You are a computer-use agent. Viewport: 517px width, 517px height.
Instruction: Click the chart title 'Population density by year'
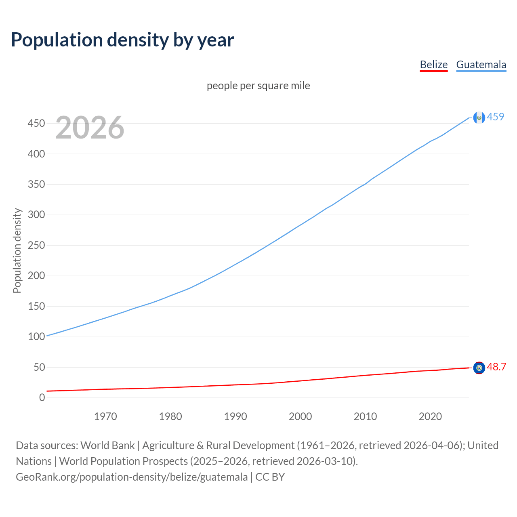point(122,40)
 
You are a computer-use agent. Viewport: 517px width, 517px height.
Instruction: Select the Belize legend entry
point(433,65)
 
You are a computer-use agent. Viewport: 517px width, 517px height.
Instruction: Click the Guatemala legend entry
point(481,65)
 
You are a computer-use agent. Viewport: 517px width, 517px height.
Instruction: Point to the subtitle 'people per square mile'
point(258,86)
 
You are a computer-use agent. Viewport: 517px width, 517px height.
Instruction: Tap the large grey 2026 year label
point(90,128)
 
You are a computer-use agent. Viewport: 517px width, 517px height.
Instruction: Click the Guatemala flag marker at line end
point(479,118)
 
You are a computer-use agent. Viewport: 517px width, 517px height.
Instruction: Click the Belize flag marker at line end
point(479,368)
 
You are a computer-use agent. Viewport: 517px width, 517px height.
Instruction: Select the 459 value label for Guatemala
point(496,117)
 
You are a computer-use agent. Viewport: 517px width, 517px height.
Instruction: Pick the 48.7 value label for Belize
point(496,367)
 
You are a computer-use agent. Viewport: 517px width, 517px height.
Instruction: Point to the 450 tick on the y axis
point(36,123)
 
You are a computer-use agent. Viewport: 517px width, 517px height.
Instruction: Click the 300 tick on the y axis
point(36,215)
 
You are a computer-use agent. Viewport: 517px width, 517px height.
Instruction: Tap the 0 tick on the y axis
point(42,397)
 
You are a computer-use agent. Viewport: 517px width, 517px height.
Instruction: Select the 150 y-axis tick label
point(36,306)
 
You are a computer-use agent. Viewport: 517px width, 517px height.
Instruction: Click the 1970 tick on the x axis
point(105,416)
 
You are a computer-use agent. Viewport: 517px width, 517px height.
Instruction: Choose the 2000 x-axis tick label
point(300,416)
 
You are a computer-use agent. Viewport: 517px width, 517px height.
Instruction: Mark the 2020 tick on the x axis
point(430,416)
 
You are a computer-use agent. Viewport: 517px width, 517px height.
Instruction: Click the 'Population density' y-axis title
point(17,250)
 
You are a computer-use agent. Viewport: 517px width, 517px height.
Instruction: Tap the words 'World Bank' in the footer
point(107,446)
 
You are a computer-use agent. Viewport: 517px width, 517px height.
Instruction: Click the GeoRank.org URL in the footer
point(132,477)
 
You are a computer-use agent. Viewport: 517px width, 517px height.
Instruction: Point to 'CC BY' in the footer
point(270,477)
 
